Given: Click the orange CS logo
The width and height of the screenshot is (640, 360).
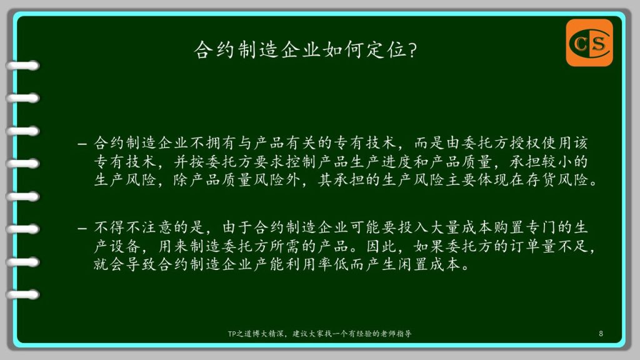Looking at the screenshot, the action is [589, 43].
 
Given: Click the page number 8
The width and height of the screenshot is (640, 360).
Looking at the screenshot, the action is [601, 334].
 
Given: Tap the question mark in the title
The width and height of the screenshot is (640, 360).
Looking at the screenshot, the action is [412, 50].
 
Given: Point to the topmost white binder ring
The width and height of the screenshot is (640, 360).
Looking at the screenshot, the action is [23, 65].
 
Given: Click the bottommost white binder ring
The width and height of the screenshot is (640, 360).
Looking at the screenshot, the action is [23, 294].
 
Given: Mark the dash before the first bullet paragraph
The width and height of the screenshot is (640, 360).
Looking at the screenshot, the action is [82, 144].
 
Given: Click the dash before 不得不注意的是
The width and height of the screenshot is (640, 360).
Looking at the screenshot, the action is [82, 228].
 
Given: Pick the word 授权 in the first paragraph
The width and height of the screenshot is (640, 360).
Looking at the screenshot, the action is [526, 143].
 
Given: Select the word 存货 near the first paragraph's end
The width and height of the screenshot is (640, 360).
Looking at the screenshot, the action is [542, 179].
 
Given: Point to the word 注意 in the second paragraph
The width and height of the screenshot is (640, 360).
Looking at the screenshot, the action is [157, 227].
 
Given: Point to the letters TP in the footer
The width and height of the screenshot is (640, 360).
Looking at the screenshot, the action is [231, 334].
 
